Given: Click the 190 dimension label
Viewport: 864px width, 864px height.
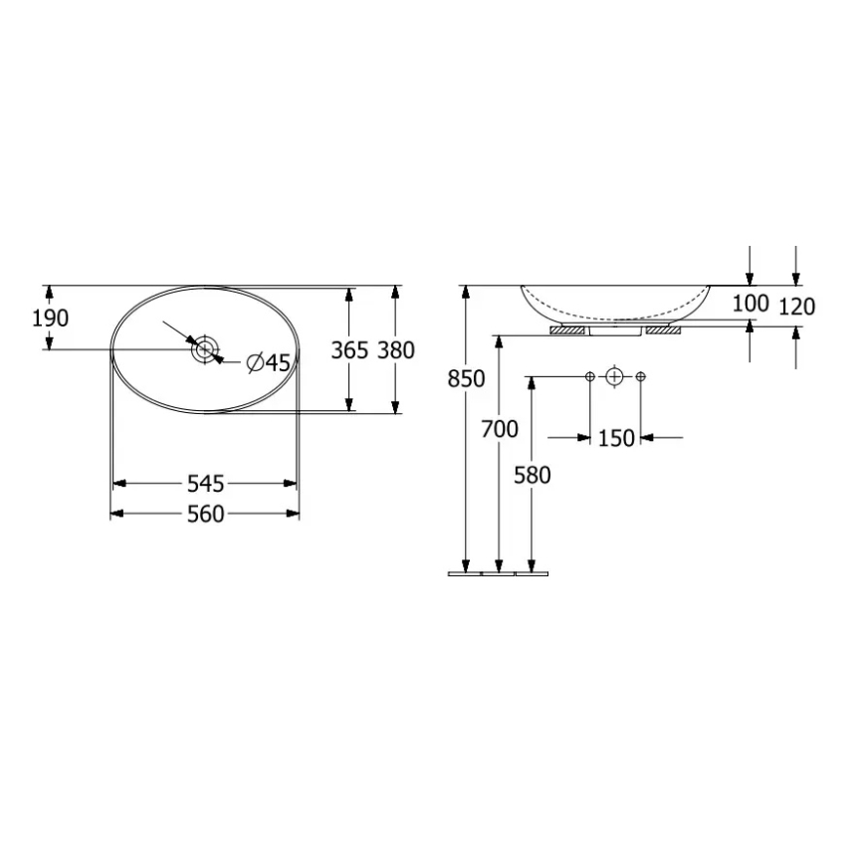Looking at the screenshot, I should coord(50,319).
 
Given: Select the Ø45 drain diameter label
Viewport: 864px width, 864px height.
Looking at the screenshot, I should coord(268,363).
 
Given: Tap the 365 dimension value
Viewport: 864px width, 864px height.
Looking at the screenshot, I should coord(349,350).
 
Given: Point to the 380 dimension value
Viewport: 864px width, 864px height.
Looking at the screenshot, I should coord(396,350).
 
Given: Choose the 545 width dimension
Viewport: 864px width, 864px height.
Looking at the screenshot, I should coord(204,484).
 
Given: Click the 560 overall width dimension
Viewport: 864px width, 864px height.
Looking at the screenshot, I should coord(204,514).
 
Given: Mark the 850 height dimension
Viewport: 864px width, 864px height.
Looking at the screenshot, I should coord(466,379).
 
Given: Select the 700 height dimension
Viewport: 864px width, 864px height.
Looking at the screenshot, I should coord(500,429).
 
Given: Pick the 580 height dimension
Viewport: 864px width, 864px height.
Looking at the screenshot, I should coord(532,475).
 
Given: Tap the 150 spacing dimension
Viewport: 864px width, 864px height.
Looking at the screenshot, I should coord(616,437).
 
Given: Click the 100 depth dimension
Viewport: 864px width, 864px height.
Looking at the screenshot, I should coord(751,304).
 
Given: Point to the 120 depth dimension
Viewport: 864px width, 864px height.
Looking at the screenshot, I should coord(796,307).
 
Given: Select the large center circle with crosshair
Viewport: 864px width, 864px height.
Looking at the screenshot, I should coord(615,376).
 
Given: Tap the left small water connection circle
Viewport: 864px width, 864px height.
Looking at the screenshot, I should coord(590,376).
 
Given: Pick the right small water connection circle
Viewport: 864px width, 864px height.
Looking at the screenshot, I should coord(640,376).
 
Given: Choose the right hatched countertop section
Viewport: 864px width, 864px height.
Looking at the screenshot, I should coord(663,329).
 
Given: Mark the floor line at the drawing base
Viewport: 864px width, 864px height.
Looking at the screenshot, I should coord(497,573).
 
